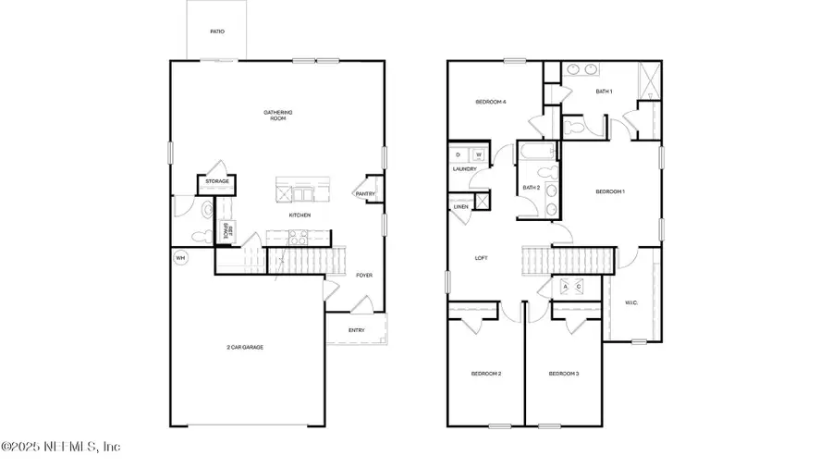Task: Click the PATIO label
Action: click(216, 31)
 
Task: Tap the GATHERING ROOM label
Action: click(279, 116)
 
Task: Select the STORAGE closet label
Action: click(217, 181)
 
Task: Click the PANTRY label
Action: click(363, 193)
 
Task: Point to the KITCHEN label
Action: click(299, 216)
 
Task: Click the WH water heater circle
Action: click(180, 258)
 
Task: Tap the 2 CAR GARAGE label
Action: click(245, 347)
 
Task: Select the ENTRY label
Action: click(356, 330)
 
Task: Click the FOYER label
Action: click(364, 276)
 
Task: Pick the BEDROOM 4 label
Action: click(490, 102)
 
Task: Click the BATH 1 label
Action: click(604, 92)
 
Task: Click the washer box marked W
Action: click(478, 154)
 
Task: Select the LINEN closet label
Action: click(460, 206)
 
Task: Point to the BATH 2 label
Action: click(531, 188)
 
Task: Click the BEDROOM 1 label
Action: click(610, 191)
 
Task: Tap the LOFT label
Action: click(481, 258)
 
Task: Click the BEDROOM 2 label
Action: click(486, 374)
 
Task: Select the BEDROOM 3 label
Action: click(563, 374)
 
